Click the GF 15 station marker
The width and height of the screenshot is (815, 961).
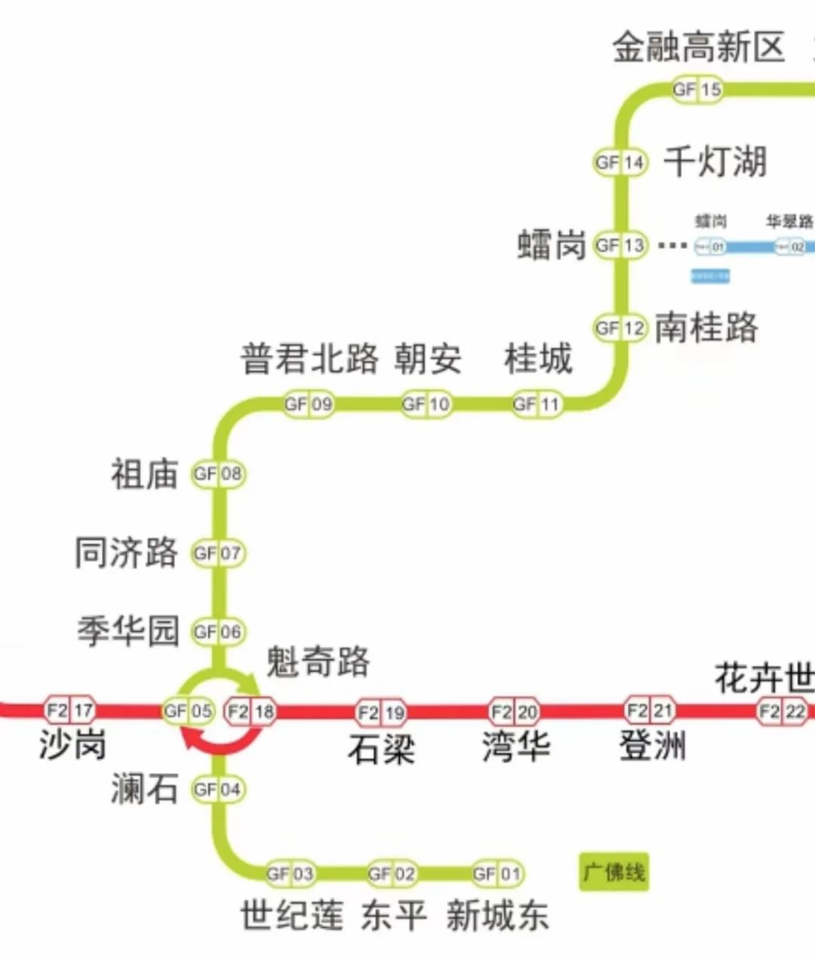click(698, 90)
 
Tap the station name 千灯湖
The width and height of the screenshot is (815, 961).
click(715, 162)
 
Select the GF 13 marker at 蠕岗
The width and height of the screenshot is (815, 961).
click(620, 245)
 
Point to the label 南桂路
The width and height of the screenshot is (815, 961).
click(706, 328)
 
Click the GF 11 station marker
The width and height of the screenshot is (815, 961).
click(537, 405)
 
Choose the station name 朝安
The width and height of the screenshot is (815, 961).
click(428, 358)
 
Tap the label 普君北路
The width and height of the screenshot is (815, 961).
click(309, 358)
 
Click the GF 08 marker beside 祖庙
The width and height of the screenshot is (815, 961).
click(218, 474)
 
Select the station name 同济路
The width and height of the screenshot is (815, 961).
click(127, 553)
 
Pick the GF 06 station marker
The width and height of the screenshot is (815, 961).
click(218, 632)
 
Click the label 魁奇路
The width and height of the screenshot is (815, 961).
click(318, 662)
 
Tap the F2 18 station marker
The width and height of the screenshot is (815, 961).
click(251, 711)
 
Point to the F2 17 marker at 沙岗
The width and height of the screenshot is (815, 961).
click(70, 710)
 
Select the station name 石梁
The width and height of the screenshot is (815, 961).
click(382, 749)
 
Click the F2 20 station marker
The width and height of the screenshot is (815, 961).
click(515, 711)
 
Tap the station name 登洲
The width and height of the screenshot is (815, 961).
click(653, 746)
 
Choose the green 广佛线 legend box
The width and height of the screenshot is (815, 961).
click(614, 873)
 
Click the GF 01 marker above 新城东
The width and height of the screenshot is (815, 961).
click(497, 874)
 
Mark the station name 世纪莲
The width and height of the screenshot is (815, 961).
click(292, 916)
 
